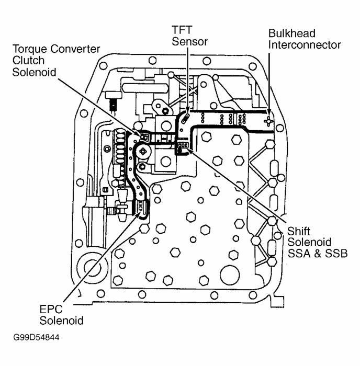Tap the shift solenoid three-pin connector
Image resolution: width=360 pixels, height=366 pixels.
tap(183, 146)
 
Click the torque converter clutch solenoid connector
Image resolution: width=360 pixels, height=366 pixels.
tap(143, 137)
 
